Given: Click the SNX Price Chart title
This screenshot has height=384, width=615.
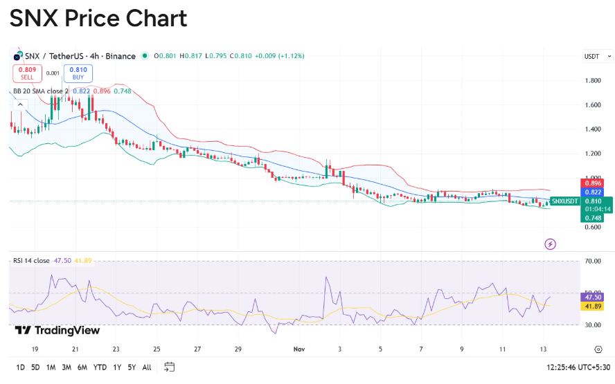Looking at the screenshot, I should pyautogui.click(x=98, y=19).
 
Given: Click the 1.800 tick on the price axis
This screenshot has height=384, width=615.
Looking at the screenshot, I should pyautogui.click(x=592, y=80).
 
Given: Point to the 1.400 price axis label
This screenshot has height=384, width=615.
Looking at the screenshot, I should pyautogui.click(x=592, y=129).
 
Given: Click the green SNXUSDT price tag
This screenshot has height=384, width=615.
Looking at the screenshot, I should pyautogui.click(x=564, y=201).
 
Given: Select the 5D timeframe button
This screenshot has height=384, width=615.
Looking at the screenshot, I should pyautogui.click(x=35, y=367).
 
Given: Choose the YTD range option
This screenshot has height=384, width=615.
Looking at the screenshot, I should pyautogui.click(x=100, y=367).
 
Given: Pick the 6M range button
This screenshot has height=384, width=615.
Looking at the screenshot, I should pyautogui.click(x=82, y=367).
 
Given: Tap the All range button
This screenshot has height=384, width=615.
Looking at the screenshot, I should pyautogui.click(x=147, y=367).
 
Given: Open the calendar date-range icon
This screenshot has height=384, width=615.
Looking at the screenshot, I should pyautogui.click(x=170, y=367).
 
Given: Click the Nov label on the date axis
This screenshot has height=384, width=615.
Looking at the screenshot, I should pyautogui.click(x=299, y=349).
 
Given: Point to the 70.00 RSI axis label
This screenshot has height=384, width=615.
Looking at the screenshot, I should pyautogui.click(x=592, y=262).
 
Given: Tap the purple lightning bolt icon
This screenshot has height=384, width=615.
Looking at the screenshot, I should pyautogui.click(x=551, y=244).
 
